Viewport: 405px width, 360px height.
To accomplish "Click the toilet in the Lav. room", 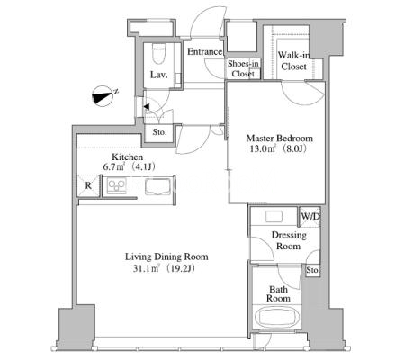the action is tap(158, 53).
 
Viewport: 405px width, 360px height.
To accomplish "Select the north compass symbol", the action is tap(103, 96).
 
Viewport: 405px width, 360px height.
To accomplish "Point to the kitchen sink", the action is tap(157, 187).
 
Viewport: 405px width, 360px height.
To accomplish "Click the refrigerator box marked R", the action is tap(88, 185).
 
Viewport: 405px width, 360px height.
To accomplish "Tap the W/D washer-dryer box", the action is tap(310, 216).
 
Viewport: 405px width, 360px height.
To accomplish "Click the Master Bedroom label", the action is tap(279, 139).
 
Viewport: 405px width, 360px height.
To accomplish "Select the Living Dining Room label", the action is tap(166, 256).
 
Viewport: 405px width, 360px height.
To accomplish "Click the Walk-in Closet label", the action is tap(293, 61).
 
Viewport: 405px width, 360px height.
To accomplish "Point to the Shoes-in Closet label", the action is tap(243, 68).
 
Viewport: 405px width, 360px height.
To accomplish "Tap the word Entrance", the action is tap(204, 52).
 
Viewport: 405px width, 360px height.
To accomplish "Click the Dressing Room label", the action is tap(289, 240).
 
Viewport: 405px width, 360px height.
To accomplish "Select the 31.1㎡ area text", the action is tap(146, 268).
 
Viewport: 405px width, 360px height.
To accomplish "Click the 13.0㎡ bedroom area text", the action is tap(263, 148).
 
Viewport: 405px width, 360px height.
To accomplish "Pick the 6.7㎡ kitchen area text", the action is tap(113, 166).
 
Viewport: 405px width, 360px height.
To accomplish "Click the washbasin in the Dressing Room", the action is tap(274, 216).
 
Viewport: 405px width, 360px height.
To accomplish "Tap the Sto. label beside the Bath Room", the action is tap(312, 270).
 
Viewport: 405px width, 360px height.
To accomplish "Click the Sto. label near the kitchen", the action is tap(159, 132).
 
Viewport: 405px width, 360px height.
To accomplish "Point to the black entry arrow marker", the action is tap(147, 106).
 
